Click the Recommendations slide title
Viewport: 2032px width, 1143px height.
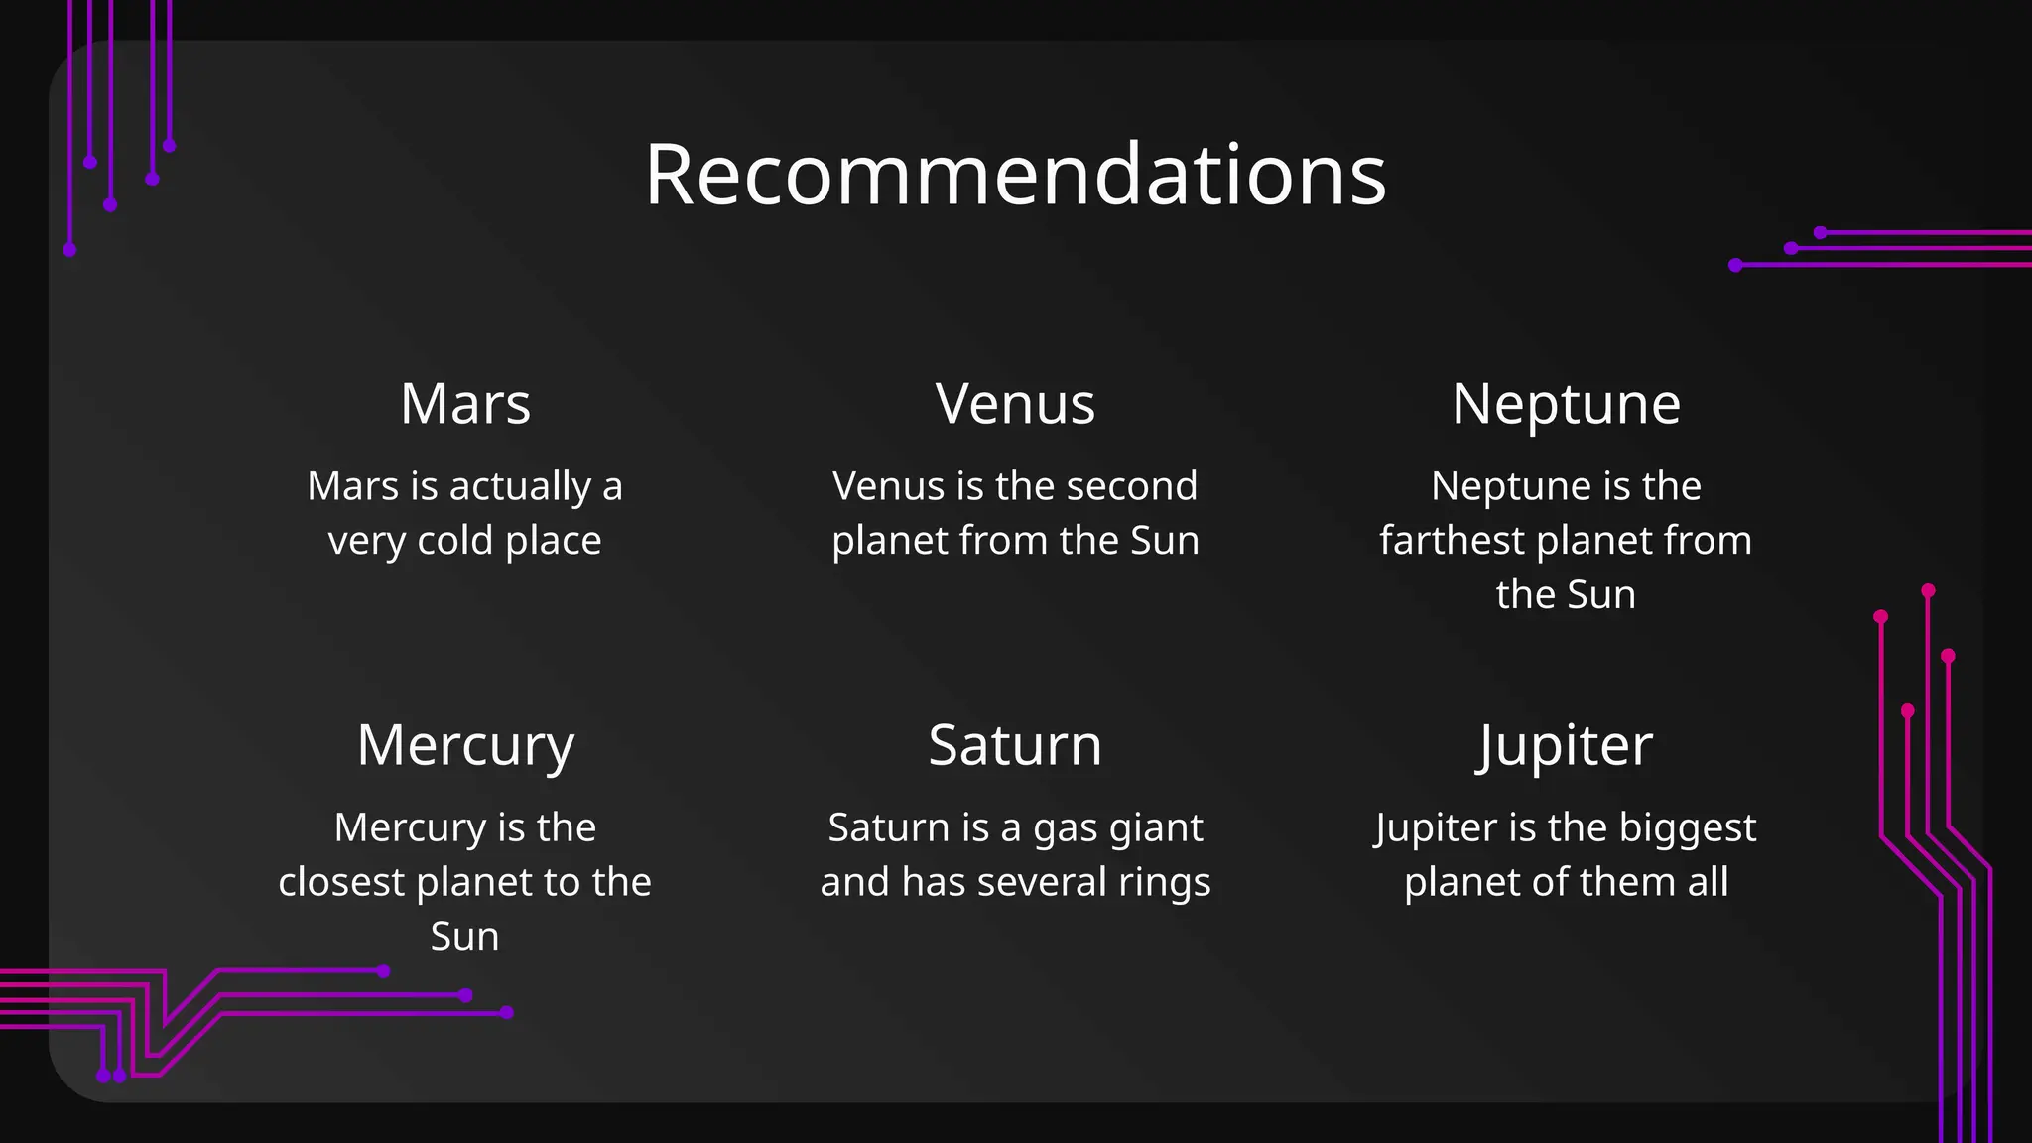1015,175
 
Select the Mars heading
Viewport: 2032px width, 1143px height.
465,404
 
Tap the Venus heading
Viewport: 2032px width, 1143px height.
1015,404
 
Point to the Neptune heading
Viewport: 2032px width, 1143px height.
1566,404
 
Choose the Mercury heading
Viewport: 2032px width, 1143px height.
465,745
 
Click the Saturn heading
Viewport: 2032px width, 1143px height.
1015,745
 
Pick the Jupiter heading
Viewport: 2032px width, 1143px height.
1566,745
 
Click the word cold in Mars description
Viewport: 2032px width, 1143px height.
457,541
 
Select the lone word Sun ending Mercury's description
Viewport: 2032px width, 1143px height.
464,937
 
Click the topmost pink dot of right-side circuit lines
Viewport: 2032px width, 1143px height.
1928,590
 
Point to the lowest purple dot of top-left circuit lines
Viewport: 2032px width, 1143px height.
69,250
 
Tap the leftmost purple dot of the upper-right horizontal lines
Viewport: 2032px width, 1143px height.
1735,265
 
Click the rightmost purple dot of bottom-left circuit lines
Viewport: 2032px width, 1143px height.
507,1012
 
